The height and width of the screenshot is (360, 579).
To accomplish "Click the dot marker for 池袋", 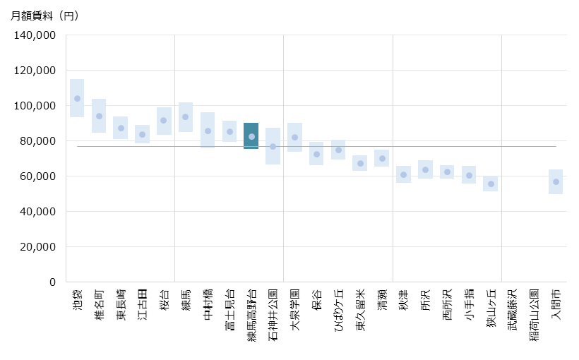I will pyautogui.click(x=77, y=98).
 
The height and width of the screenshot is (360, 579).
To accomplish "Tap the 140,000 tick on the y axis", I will pyautogui.click(x=35, y=35).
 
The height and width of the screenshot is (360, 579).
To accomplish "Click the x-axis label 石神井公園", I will pyautogui.click(x=273, y=313).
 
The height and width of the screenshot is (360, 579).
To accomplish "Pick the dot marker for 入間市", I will pyautogui.click(x=556, y=181).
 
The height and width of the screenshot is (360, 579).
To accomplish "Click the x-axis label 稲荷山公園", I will pyautogui.click(x=535, y=313).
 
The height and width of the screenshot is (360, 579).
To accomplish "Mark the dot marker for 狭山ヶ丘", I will pyautogui.click(x=491, y=184).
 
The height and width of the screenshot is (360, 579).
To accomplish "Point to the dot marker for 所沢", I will pyautogui.click(x=425, y=169).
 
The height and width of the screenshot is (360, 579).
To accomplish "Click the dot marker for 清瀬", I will pyautogui.click(x=382, y=158).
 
